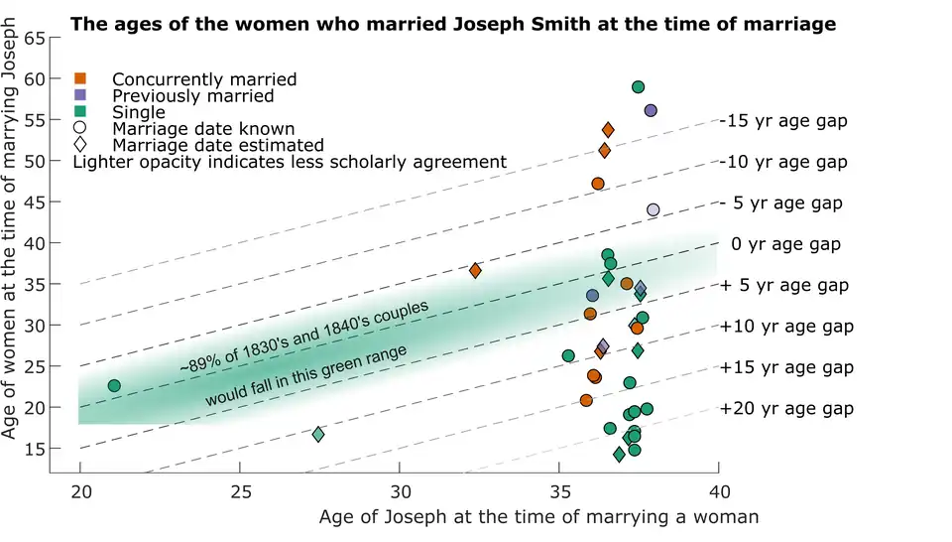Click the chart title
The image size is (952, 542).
coord(453,23)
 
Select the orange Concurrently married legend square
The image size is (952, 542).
coord(80,78)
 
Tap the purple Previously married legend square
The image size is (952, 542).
coord(80,95)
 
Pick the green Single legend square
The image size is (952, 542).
coord(80,112)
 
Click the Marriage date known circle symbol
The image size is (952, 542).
coord(80,128)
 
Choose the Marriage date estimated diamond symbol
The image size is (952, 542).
coord(80,145)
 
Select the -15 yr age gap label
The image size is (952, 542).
coord(783,121)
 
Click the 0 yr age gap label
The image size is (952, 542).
coord(785,244)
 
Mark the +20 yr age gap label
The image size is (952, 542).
coord(786,408)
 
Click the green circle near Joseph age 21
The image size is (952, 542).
coord(114,385)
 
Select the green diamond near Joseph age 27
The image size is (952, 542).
coord(318,434)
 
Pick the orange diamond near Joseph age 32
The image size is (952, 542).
coord(475,270)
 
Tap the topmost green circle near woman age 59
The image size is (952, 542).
coord(639,87)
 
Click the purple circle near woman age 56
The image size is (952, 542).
coord(651,110)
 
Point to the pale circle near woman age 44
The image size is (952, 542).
coord(654,209)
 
